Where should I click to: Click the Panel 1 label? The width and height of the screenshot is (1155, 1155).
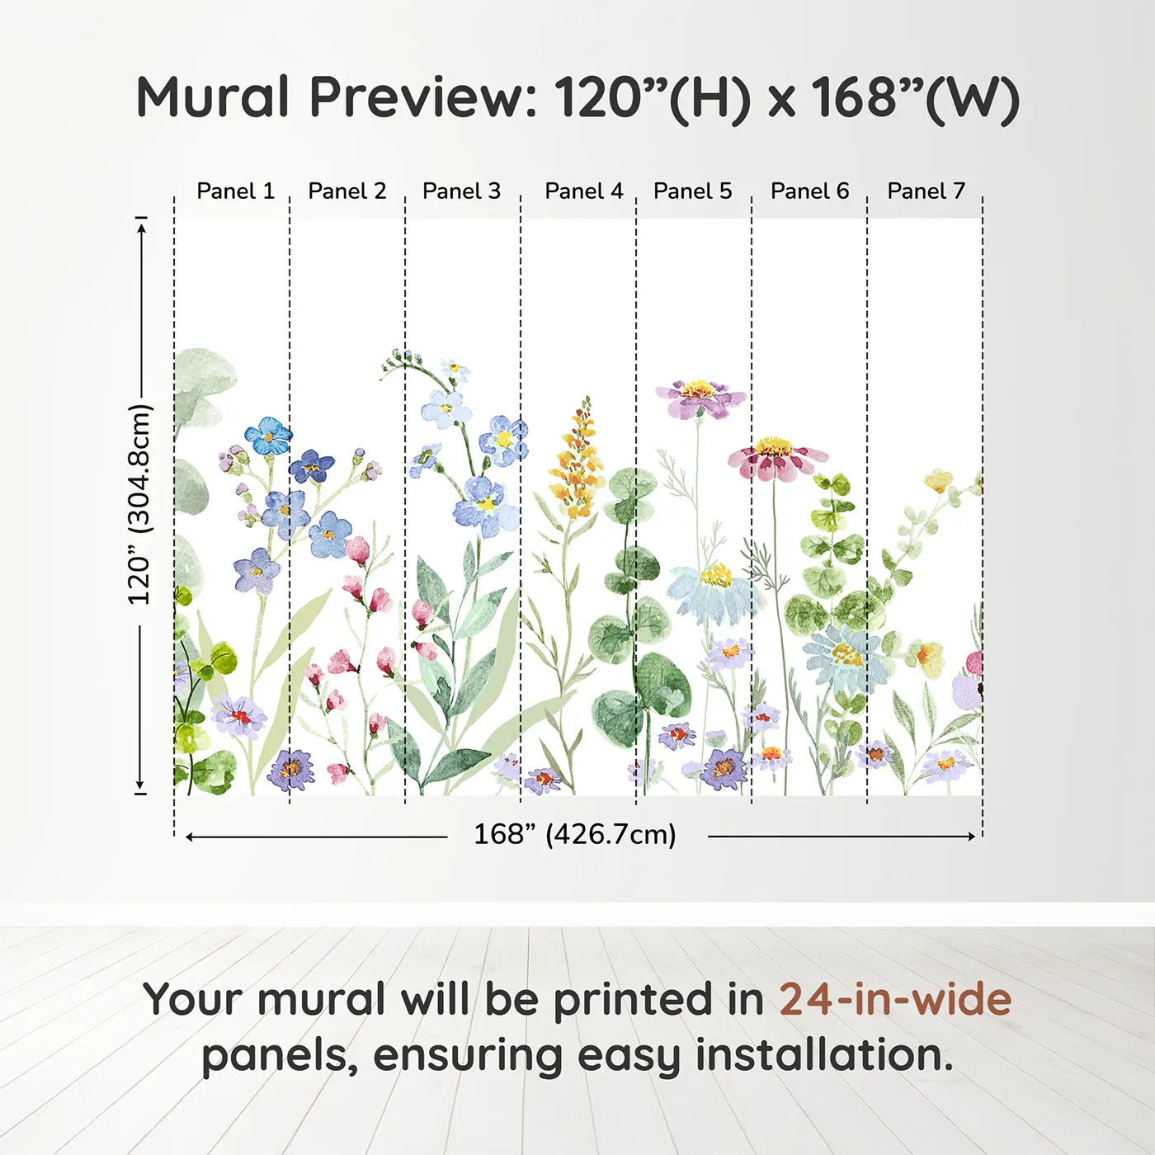point(235,191)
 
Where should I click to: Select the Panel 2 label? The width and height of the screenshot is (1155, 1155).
point(346,191)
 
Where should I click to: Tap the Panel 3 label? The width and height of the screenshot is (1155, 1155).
point(461,191)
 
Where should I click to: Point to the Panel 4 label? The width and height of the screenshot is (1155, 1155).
point(583,191)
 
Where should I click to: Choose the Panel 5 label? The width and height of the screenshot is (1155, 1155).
point(692,191)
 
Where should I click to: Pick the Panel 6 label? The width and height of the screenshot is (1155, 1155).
point(809,191)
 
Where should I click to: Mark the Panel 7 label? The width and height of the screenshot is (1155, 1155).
point(926,191)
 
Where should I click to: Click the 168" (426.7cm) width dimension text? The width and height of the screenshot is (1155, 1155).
point(575,834)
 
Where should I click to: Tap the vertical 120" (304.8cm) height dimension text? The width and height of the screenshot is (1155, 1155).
point(139,505)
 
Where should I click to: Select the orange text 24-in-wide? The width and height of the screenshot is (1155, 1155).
point(895,999)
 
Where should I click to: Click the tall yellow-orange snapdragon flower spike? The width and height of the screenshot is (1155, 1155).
point(577,462)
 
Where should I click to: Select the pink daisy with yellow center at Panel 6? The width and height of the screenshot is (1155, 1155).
point(775,459)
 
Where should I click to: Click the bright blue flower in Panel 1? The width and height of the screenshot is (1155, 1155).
point(268,436)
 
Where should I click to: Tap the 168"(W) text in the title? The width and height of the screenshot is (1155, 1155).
point(916,97)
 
